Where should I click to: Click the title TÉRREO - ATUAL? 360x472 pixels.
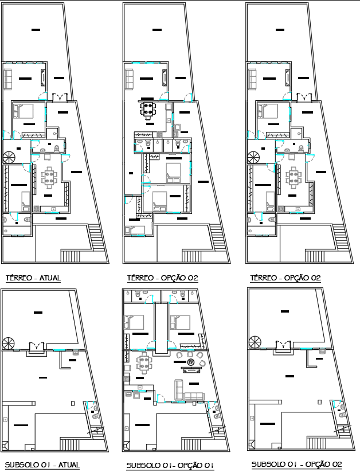33,278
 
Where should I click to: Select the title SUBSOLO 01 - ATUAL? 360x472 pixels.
42,465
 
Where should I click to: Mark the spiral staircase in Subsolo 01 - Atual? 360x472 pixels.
9,344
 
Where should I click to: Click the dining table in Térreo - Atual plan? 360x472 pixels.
50,177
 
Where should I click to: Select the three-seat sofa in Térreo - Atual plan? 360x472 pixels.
10,79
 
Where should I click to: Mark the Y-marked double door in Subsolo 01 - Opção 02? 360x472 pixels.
283,346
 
